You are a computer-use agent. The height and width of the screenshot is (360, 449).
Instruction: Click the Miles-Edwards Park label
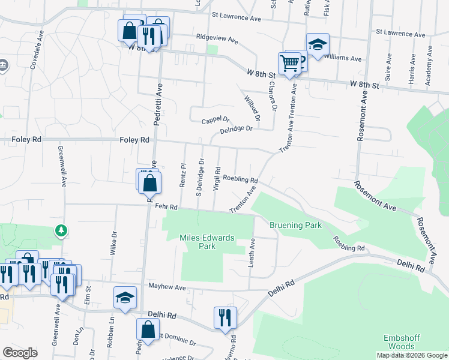207,242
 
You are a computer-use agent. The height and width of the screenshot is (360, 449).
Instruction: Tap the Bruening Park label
295,225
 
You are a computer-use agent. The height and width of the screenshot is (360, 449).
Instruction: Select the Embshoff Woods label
402,342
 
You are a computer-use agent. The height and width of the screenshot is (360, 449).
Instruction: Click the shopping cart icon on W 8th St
289,63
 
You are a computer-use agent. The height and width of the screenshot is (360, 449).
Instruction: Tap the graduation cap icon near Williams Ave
318,44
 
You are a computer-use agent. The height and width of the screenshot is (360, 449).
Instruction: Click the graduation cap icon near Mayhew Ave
125,298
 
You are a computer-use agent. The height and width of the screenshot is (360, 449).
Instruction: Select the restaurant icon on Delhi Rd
225,317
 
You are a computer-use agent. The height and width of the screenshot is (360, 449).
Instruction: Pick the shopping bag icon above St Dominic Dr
148,329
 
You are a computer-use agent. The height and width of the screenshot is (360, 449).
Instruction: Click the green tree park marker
61,230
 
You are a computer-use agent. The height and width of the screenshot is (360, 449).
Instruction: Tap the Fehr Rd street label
166,207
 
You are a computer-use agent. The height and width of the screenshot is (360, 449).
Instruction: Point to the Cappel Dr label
215,121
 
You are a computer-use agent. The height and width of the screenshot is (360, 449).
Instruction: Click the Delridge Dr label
236,129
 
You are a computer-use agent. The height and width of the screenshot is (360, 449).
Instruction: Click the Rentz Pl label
182,175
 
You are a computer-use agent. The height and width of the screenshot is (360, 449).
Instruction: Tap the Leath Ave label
252,253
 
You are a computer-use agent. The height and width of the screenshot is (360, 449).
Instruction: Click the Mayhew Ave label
167,287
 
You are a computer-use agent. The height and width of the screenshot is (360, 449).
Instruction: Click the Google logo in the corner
20,353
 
